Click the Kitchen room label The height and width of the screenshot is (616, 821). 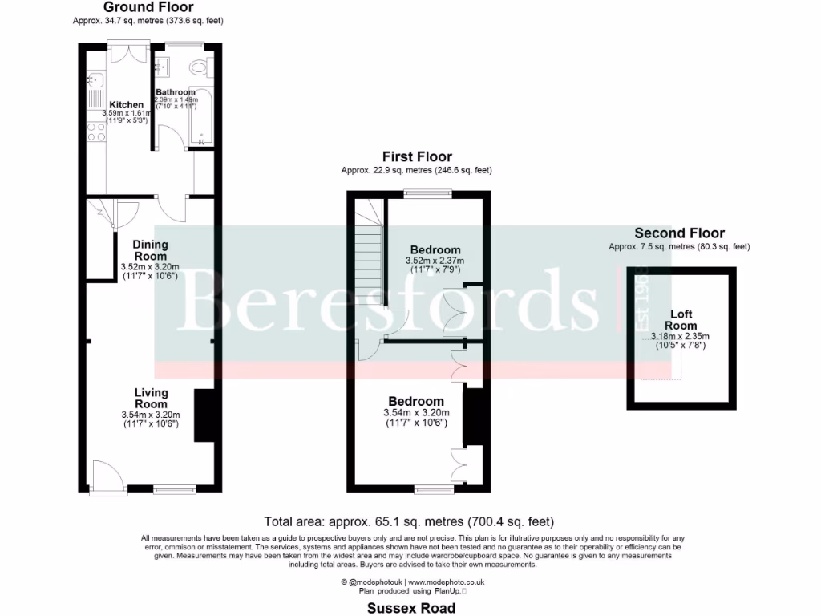(126, 105)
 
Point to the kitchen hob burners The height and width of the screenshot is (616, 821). (95, 132)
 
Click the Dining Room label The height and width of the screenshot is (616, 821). (150, 250)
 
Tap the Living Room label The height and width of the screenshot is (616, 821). (151, 399)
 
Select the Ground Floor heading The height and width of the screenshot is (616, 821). (148, 7)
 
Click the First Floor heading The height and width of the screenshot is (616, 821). (416, 157)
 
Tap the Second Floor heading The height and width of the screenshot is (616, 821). (679, 233)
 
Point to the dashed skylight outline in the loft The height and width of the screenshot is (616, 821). (661, 359)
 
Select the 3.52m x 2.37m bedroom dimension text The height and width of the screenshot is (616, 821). (435, 261)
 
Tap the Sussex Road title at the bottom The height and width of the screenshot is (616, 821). (410, 608)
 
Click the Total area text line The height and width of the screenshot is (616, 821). (409, 521)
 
